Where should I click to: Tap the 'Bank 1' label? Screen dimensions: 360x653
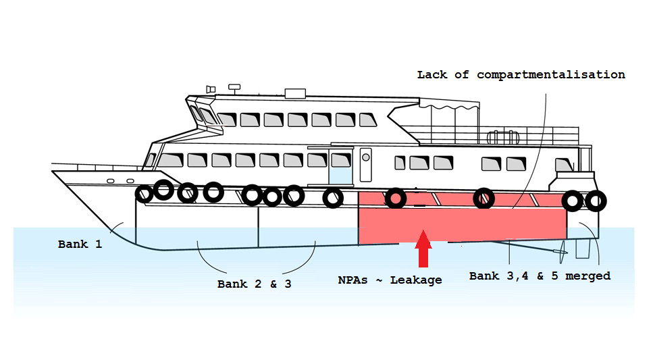(x=80, y=245)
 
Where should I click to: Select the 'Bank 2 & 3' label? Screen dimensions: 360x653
(x=254, y=284)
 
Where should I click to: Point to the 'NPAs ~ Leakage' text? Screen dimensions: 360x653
(x=390, y=280)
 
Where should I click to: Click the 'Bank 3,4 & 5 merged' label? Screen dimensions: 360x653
(x=540, y=276)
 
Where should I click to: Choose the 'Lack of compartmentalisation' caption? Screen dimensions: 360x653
(x=521, y=74)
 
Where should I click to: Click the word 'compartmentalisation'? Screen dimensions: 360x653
(x=550, y=74)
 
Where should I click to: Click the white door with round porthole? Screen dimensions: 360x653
(x=365, y=165)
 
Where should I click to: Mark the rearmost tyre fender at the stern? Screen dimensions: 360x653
(x=595, y=201)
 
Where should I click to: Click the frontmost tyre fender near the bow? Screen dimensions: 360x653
(x=145, y=195)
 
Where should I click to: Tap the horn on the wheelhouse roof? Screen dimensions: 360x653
(x=211, y=88)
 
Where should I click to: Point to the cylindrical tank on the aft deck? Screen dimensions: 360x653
(x=504, y=137)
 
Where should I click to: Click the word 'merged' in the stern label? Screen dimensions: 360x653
(x=589, y=276)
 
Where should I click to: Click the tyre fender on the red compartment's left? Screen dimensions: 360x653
(x=395, y=199)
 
